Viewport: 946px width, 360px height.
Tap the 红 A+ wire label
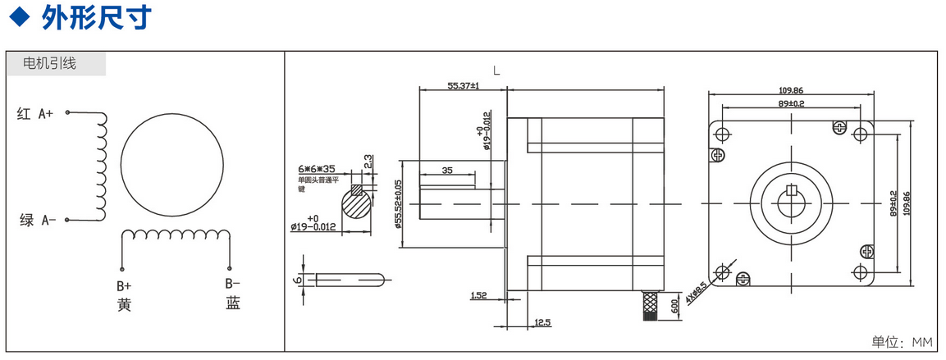35,115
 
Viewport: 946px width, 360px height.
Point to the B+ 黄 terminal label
124,295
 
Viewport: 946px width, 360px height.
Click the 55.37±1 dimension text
463,85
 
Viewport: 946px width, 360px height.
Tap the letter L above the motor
496,71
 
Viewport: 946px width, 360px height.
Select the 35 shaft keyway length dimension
447,171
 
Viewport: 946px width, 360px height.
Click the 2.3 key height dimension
369,161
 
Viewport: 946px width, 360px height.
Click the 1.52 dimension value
480,294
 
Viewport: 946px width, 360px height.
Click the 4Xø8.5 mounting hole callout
698,292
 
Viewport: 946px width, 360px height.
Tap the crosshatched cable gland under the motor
650,304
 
